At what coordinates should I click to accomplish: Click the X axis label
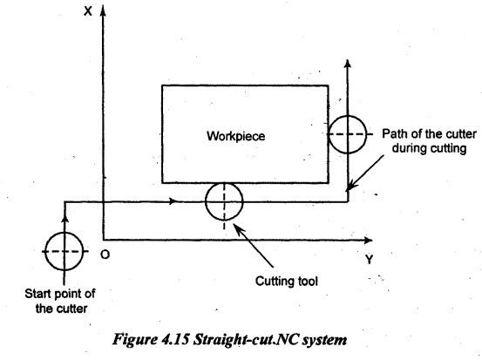pos(88,11)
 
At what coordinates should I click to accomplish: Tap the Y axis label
pos(370,260)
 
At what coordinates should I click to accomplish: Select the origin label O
pos(105,255)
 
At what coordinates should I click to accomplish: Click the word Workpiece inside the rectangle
pos(236,136)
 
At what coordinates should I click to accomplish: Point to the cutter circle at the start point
pos(45,252)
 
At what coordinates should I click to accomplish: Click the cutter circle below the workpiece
pos(206,201)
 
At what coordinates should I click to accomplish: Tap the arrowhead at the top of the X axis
pos(103,10)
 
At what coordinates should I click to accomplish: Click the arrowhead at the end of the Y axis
pos(368,240)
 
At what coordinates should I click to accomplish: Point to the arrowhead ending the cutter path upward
pos(348,64)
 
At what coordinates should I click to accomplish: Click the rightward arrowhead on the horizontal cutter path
pos(173,201)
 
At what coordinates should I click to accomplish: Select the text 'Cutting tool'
pos(287,281)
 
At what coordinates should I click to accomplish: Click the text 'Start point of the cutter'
pos(60,301)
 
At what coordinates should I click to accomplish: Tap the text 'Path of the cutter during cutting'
pos(429,141)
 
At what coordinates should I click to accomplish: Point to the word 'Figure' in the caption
pos(135,340)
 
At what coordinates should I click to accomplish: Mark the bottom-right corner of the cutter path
pos(348,201)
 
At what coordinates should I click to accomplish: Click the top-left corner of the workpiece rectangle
pos(162,85)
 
